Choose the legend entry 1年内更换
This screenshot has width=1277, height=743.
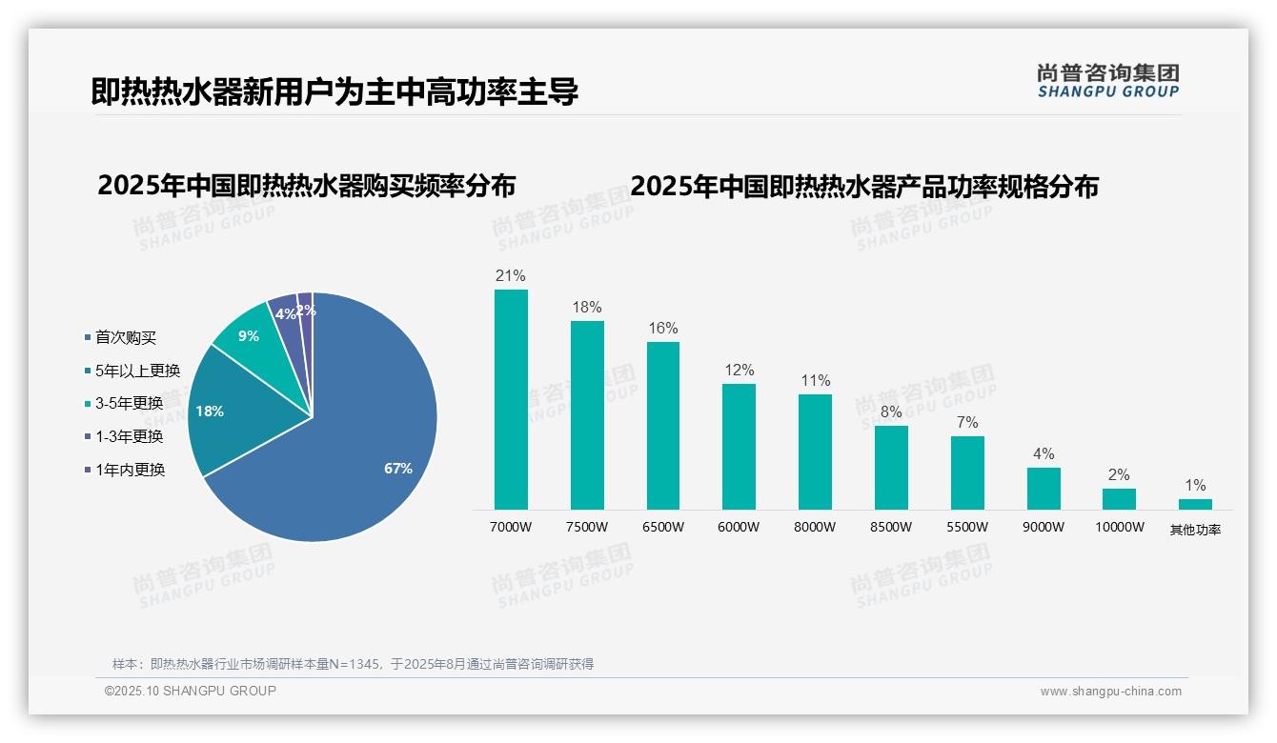(130, 470)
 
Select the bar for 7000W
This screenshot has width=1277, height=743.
(511, 400)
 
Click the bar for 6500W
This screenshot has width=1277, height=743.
(663, 426)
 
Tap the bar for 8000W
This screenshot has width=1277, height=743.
(815, 452)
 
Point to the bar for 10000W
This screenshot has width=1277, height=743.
(1119, 499)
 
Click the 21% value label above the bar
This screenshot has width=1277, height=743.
(511, 276)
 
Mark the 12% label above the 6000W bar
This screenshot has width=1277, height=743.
(739, 371)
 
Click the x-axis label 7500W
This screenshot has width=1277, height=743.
(587, 527)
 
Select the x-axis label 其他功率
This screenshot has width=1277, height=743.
(1195, 530)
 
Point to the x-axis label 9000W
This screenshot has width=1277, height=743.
(1044, 527)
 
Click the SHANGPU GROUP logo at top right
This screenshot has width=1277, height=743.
(1107, 80)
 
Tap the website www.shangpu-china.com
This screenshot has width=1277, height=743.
(1110, 692)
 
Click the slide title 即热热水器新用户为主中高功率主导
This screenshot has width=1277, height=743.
(334, 92)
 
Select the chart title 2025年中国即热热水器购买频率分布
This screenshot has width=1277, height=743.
(306, 186)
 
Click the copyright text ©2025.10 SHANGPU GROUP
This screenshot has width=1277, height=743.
(191, 691)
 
